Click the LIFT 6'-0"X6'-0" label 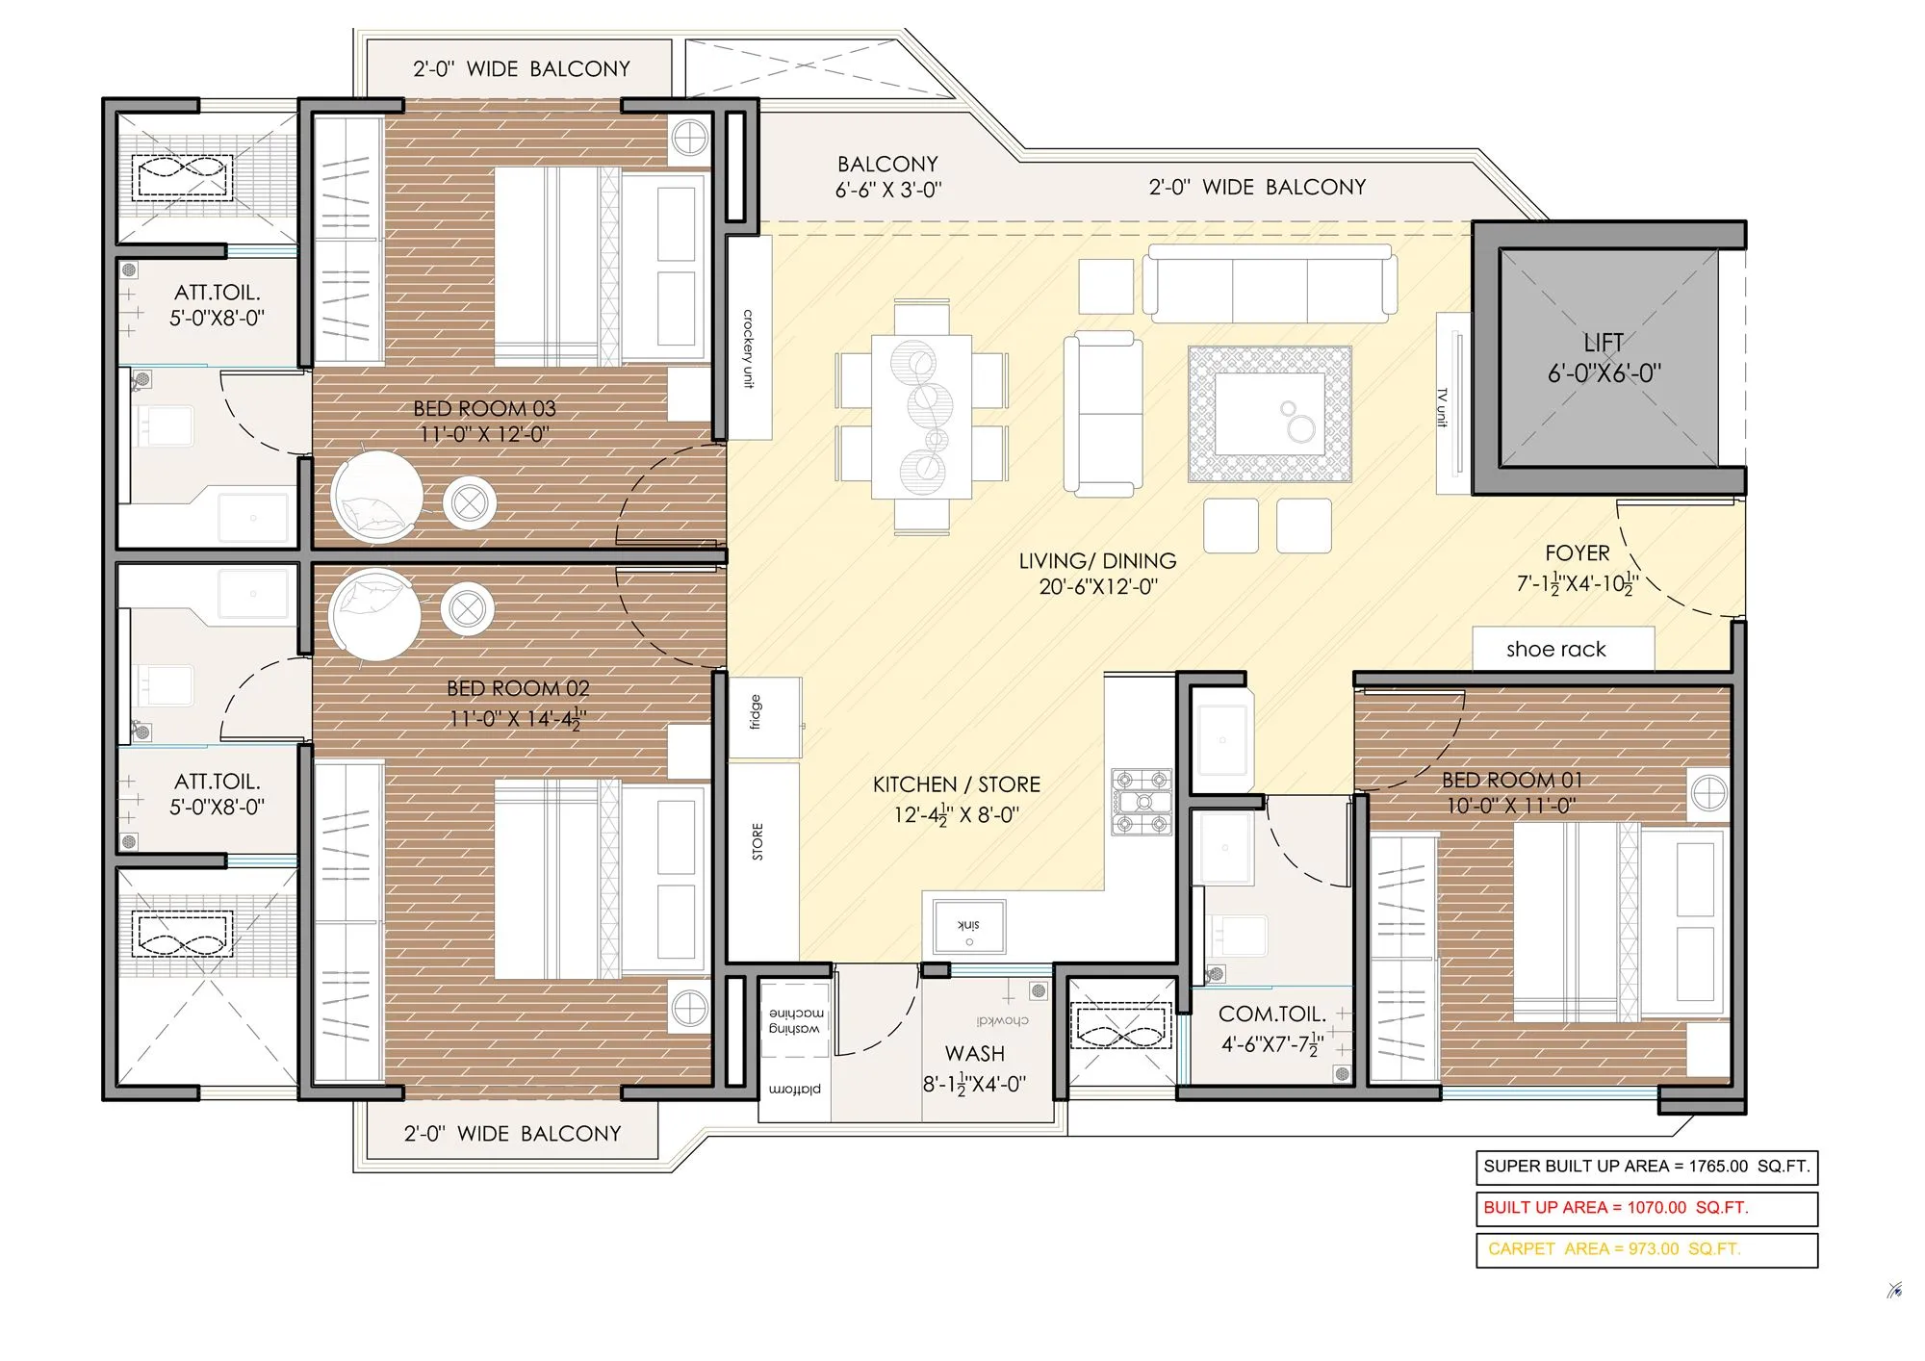[x=1604, y=358]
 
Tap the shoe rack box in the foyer [x=1562, y=649]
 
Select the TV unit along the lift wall [x=1451, y=403]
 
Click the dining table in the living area [x=921, y=416]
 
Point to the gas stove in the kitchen [x=1142, y=802]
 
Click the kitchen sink [x=968, y=926]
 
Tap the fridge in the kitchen [x=765, y=717]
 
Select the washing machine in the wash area [x=795, y=1019]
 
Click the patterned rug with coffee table [x=1270, y=414]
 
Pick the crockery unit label [x=748, y=347]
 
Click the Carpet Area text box [x=1646, y=1249]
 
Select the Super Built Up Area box [x=1646, y=1167]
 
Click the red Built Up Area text [x=1615, y=1208]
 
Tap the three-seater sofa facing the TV [x=1270, y=284]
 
